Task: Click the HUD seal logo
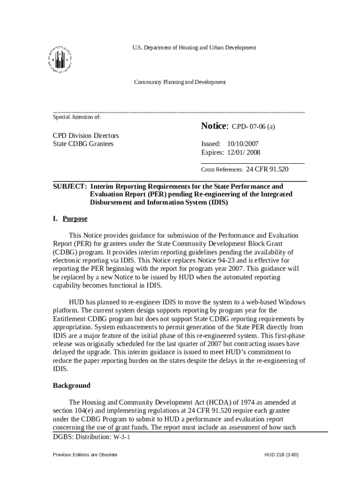click(x=59, y=60)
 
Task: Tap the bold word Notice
click(x=214, y=126)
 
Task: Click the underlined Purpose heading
click(x=75, y=219)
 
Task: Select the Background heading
click(x=72, y=386)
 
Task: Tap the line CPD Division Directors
click(x=86, y=135)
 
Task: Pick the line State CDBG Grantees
click(x=83, y=144)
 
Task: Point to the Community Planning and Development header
click(x=180, y=82)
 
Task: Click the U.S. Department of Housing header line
click(x=194, y=48)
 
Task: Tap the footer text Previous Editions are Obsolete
click(x=85, y=455)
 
